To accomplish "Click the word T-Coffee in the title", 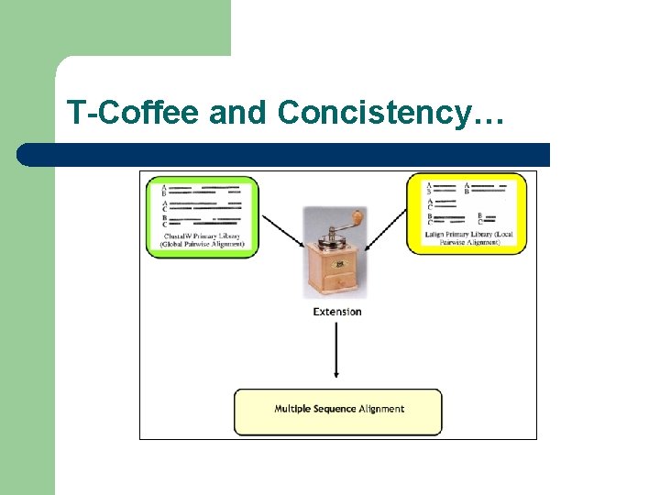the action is pyautogui.click(x=132, y=113).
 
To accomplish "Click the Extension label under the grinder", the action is pyautogui.click(x=337, y=312).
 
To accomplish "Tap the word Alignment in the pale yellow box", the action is pyautogui.click(x=382, y=409).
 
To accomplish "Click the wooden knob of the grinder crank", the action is pyautogui.click(x=357, y=217).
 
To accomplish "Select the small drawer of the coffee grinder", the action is pyautogui.click(x=336, y=281).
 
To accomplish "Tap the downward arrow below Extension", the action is pyautogui.click(x=337, y=348).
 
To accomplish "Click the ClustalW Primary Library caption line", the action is pyautogui.click(x=202, y=236).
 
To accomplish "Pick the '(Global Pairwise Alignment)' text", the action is pyautogui.click(x=202, y=245).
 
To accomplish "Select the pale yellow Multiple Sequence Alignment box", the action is pyautogui.click(x=337, y=412).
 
